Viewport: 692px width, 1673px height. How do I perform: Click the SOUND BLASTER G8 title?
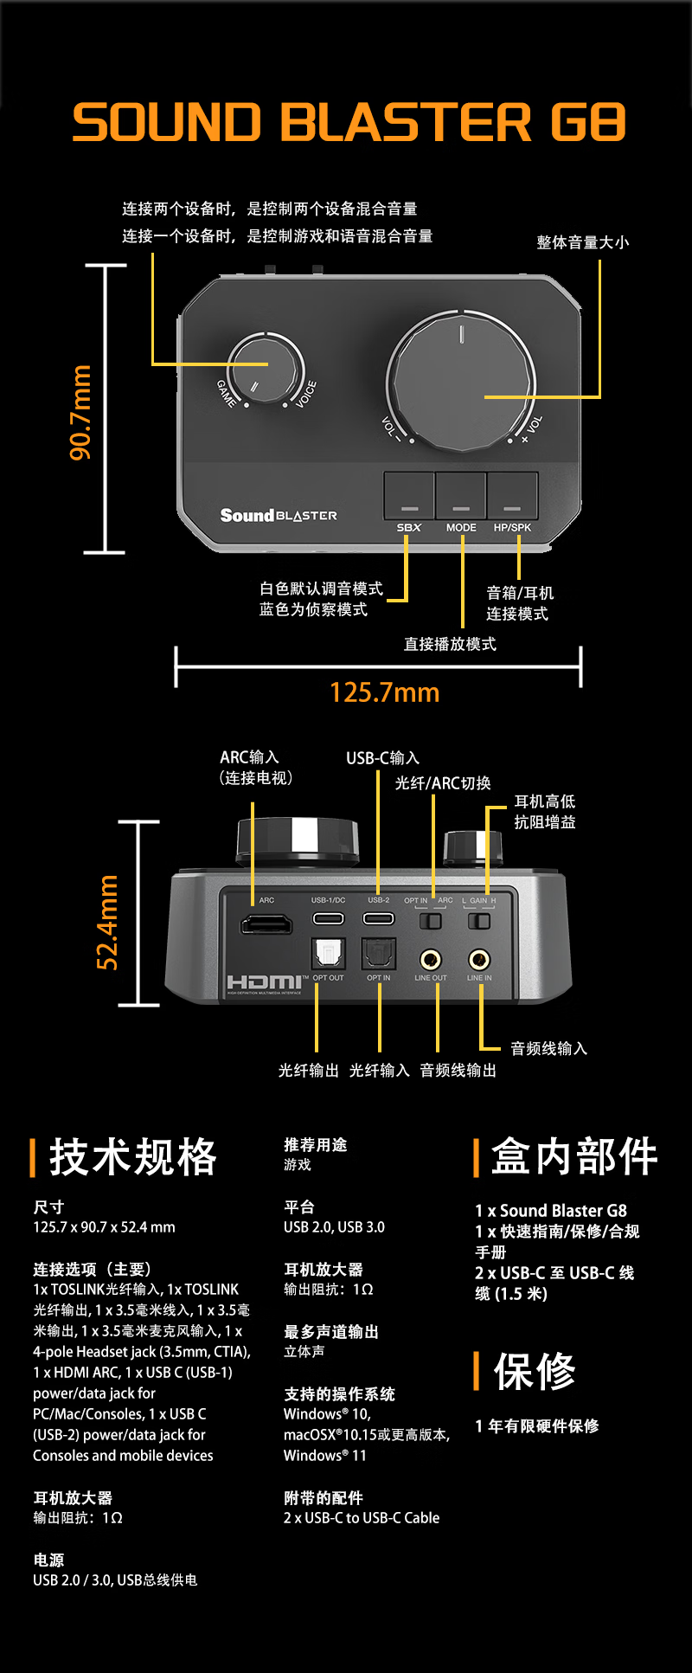click(349, 121)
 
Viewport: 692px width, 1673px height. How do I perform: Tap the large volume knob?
click(461, 382)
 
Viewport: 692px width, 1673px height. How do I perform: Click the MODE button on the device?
click(461, 496)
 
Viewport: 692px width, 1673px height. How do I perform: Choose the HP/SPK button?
click(512, 496)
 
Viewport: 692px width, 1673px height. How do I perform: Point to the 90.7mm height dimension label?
click(80, 412)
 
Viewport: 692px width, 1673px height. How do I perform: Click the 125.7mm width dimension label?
click(384, 692)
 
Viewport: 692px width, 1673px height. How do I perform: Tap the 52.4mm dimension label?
click(107, 922)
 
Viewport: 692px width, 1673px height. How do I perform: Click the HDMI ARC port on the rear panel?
click(266, 925)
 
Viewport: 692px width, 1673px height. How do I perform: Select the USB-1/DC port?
click(328, 918)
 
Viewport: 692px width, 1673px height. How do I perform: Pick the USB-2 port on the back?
click(378, 918)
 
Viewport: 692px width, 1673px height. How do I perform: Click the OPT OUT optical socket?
click(328, 954)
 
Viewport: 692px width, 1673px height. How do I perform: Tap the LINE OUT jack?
click(430, 960)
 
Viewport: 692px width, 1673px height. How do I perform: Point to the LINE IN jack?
click(479, 960)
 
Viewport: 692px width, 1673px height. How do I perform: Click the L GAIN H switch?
click(478, 921)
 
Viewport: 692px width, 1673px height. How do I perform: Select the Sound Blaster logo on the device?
click(279, 516)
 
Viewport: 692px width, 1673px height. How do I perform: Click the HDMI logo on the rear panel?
click(264, 982)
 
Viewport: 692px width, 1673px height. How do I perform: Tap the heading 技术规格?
click(132, 1157)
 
